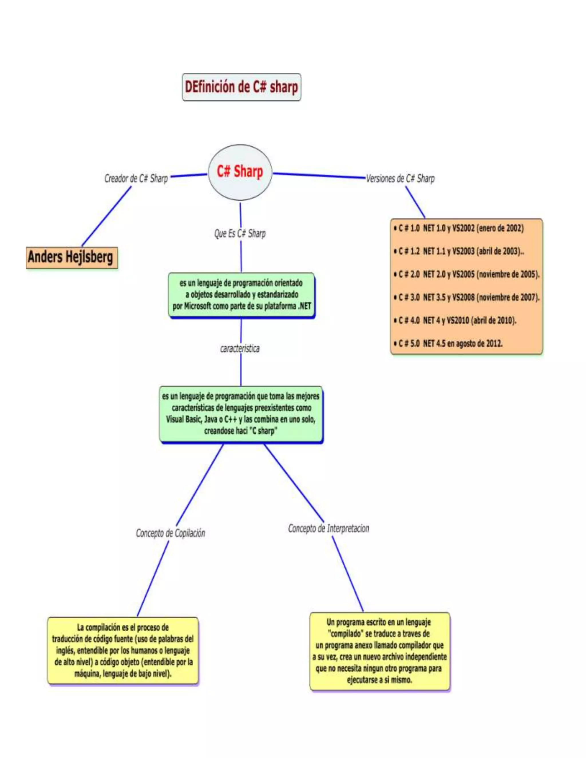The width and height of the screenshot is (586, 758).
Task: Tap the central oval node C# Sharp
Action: (x=240, y=172)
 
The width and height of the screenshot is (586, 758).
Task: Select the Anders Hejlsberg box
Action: (x=71, y=257)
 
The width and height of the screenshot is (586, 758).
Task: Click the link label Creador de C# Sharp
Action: (x=136, y=178)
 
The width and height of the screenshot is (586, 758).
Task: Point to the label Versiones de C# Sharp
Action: (x=400, y=178)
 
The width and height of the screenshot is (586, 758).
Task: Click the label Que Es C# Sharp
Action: (x=240, y=234)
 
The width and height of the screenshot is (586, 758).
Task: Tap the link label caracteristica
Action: (x=240, y=348)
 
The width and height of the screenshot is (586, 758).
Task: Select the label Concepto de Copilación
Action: (x=171, y=533)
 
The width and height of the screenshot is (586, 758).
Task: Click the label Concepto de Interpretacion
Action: (x=328, y=528)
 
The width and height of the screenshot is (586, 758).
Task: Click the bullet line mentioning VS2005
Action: (x=466, y=274)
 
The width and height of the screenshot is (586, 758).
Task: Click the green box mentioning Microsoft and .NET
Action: (x=241, y=295)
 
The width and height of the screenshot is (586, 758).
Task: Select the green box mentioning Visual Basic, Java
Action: (x=241, y=414)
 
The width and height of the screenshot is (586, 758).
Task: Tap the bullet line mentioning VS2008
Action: (x=466, y=297)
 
